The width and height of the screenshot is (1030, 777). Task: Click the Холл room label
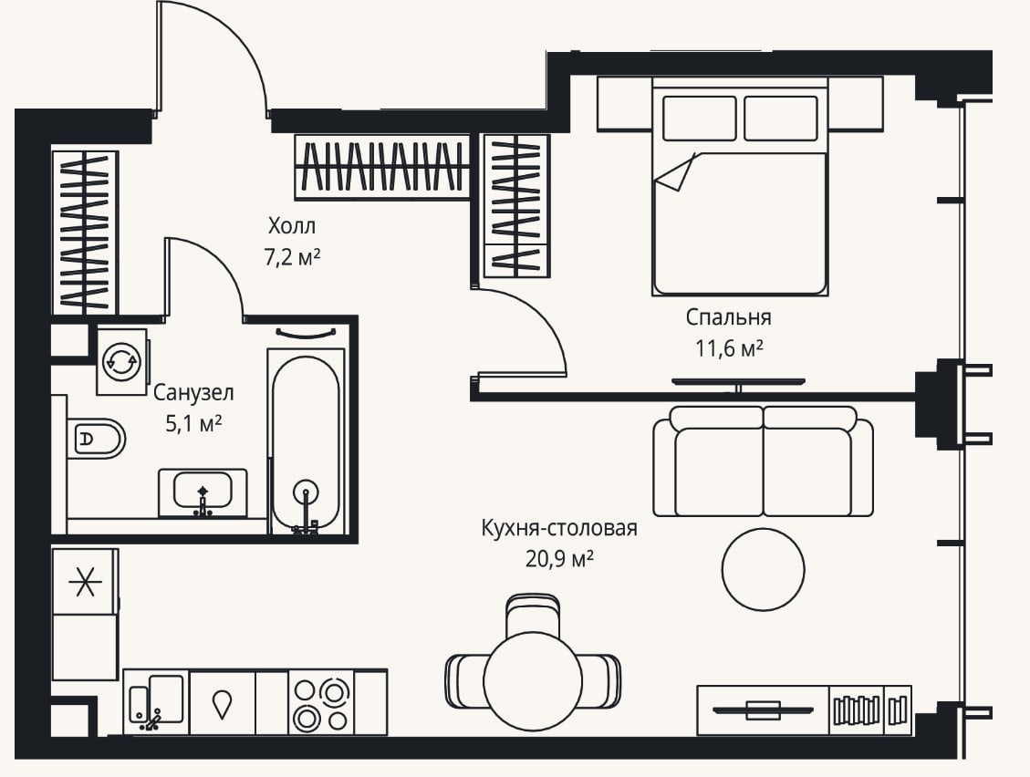pos(292,226)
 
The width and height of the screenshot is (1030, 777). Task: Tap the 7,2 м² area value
pos(292,257)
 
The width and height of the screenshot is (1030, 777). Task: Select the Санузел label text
pos(193,393)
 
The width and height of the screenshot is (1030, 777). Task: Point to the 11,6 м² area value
pos(729,348)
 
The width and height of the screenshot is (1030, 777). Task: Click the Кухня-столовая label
pos(559,528)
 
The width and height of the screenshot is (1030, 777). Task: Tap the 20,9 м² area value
pos(559,559)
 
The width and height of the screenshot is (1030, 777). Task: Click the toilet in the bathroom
pos(95,438)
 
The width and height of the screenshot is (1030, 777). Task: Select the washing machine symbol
pos(121,360)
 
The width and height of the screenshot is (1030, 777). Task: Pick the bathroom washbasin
pos(203,492)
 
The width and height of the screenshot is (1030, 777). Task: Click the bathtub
pos(306,441)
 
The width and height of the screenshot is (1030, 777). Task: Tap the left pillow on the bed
pos(699,119)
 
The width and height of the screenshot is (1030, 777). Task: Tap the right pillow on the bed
pos(781,119)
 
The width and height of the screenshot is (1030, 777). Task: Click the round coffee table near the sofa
pos(763,569)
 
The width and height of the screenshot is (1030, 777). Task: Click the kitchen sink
pos(157,701)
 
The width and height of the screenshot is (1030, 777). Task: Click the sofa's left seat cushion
pos(719,471)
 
